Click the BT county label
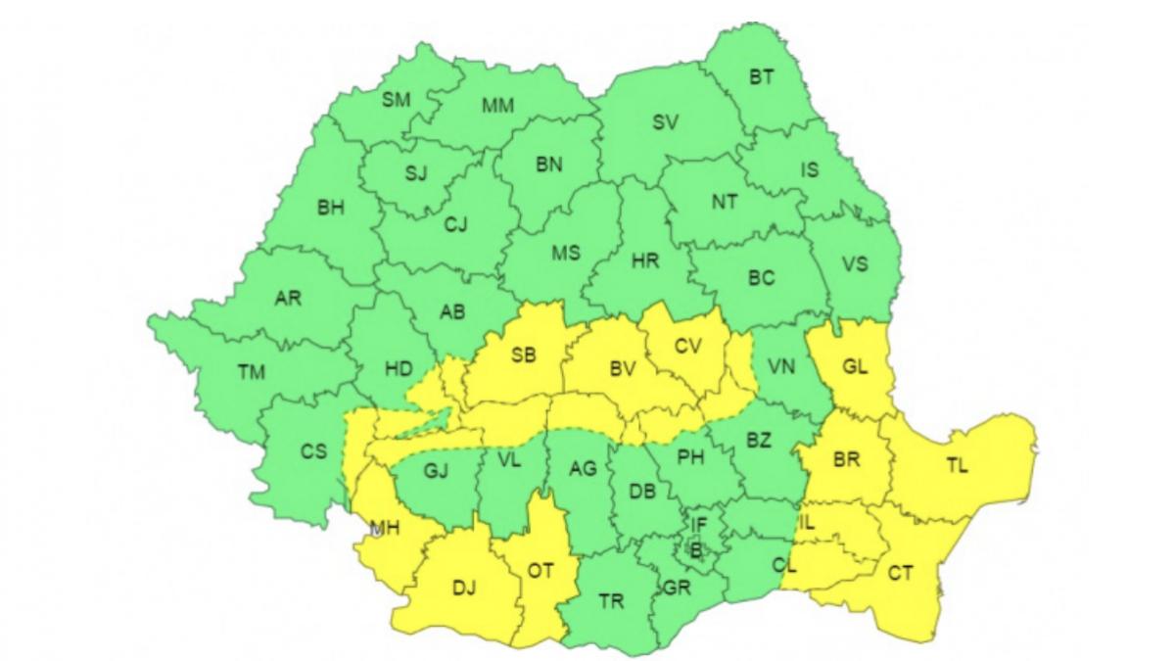tap(762, 77)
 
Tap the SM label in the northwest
tap(397, 99)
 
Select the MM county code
tap(498, 105)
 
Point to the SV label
tap(666, 123)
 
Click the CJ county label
tap(455, 225)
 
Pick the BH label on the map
tap(331, 208)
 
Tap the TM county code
tap(252, 371)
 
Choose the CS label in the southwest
tap(313, 451)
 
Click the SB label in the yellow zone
tap(524, 356)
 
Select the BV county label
tap(623, 368)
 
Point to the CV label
tap(689, 346)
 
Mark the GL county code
tap(855, 369)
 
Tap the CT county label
tap(901, 573)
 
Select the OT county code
tap(540, 569)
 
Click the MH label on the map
tap(383, 530)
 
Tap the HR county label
tap(645, 261)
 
